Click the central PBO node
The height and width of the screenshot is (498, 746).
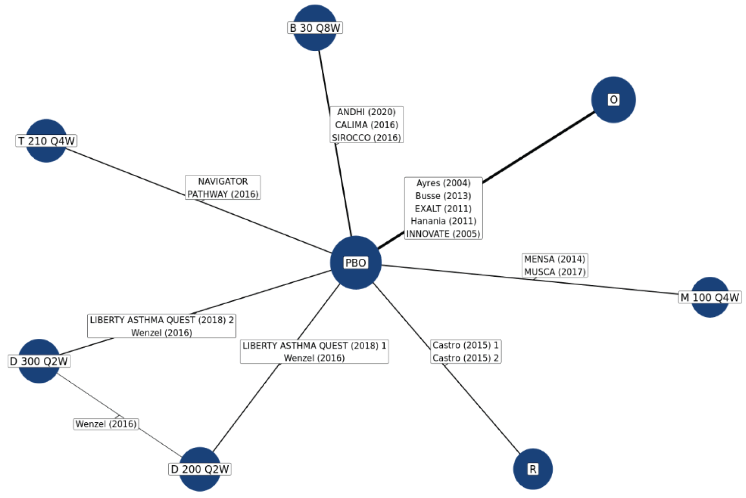coord(355,263)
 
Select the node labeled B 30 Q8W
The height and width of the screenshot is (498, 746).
coord(315,28)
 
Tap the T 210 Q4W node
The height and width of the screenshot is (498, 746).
coord(46,141)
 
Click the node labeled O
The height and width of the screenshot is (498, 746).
coord(613,100)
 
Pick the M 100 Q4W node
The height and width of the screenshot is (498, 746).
coord(710,297)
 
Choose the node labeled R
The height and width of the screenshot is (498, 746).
coord(533,469)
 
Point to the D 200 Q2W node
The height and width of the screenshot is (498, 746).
coord(200,469)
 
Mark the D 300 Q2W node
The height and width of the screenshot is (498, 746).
coord(39,361)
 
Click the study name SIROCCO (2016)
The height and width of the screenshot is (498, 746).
coord(367,138)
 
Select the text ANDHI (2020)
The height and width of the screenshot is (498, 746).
coord(367,112)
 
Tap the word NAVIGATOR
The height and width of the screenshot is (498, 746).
coord(223,182)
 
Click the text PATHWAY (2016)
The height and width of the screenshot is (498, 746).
coord(223,194)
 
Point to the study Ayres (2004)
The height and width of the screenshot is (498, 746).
coord(443,183)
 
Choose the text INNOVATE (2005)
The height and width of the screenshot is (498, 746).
coord(443,234)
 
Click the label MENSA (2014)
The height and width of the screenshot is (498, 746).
coord(555,259)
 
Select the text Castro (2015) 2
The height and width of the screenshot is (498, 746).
coord(466,358)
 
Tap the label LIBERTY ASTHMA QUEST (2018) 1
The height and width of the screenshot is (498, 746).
coord(314,346)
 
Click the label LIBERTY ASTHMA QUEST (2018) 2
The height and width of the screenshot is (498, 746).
coord(161,320)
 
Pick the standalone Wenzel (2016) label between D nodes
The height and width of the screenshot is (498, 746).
coord(106,424)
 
